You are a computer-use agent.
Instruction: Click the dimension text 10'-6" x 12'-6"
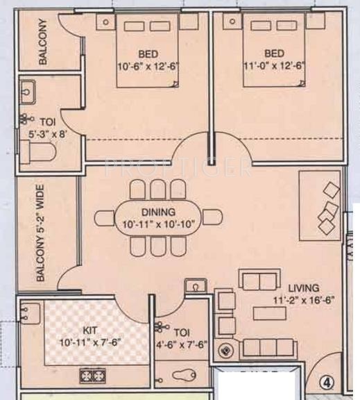[148, 67]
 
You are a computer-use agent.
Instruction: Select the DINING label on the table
[159, 212]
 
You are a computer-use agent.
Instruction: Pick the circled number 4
[326, 381]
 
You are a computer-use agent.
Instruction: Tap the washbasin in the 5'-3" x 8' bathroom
[29, 91]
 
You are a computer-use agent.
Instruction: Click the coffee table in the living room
[270, 313]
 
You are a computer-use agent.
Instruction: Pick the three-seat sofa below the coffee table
[266, 347]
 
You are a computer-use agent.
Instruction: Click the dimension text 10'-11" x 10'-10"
[159, 225]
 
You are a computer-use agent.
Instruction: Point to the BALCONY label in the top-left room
[43, 42]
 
